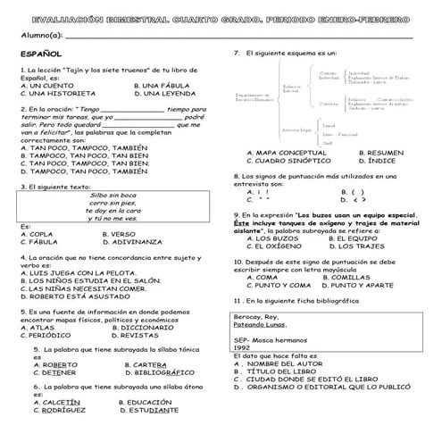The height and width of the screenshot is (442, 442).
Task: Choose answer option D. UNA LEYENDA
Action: click(x=165, y=93)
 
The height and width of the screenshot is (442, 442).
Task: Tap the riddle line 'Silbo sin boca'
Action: click(x=113, y=194)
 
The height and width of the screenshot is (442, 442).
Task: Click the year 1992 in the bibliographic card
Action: click(x=243, y=348)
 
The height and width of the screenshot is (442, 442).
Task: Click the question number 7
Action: click(x=236, y=54)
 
